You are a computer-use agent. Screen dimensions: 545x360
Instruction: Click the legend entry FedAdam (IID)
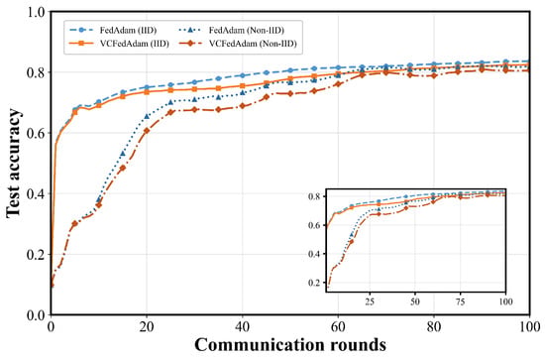pos(113,31)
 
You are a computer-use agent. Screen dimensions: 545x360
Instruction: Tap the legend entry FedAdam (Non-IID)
pos(232,31)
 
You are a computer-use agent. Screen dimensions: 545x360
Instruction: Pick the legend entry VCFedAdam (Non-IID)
pos(238,44)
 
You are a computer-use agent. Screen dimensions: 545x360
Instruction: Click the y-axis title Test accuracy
pos(14,164)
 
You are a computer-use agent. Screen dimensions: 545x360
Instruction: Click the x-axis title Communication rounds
pos(290,345)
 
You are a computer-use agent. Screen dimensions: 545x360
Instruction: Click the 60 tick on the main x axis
pos(338,326)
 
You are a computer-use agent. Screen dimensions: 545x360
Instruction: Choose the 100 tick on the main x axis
pos(529,326)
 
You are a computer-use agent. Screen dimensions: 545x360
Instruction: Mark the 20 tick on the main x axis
pos(147,326)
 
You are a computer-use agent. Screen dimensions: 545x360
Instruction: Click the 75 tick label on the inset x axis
pos(461,301)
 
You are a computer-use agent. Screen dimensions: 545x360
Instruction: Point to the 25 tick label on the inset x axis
pos(370,301)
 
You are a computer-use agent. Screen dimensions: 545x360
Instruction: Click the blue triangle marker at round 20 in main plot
pos(147,116)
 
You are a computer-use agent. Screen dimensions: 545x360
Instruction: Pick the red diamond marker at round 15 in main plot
pos(123,168)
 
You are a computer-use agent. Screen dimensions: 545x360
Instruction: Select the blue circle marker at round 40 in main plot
pos(243,75)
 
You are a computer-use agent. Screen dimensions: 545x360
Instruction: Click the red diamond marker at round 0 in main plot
pos(52,286)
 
